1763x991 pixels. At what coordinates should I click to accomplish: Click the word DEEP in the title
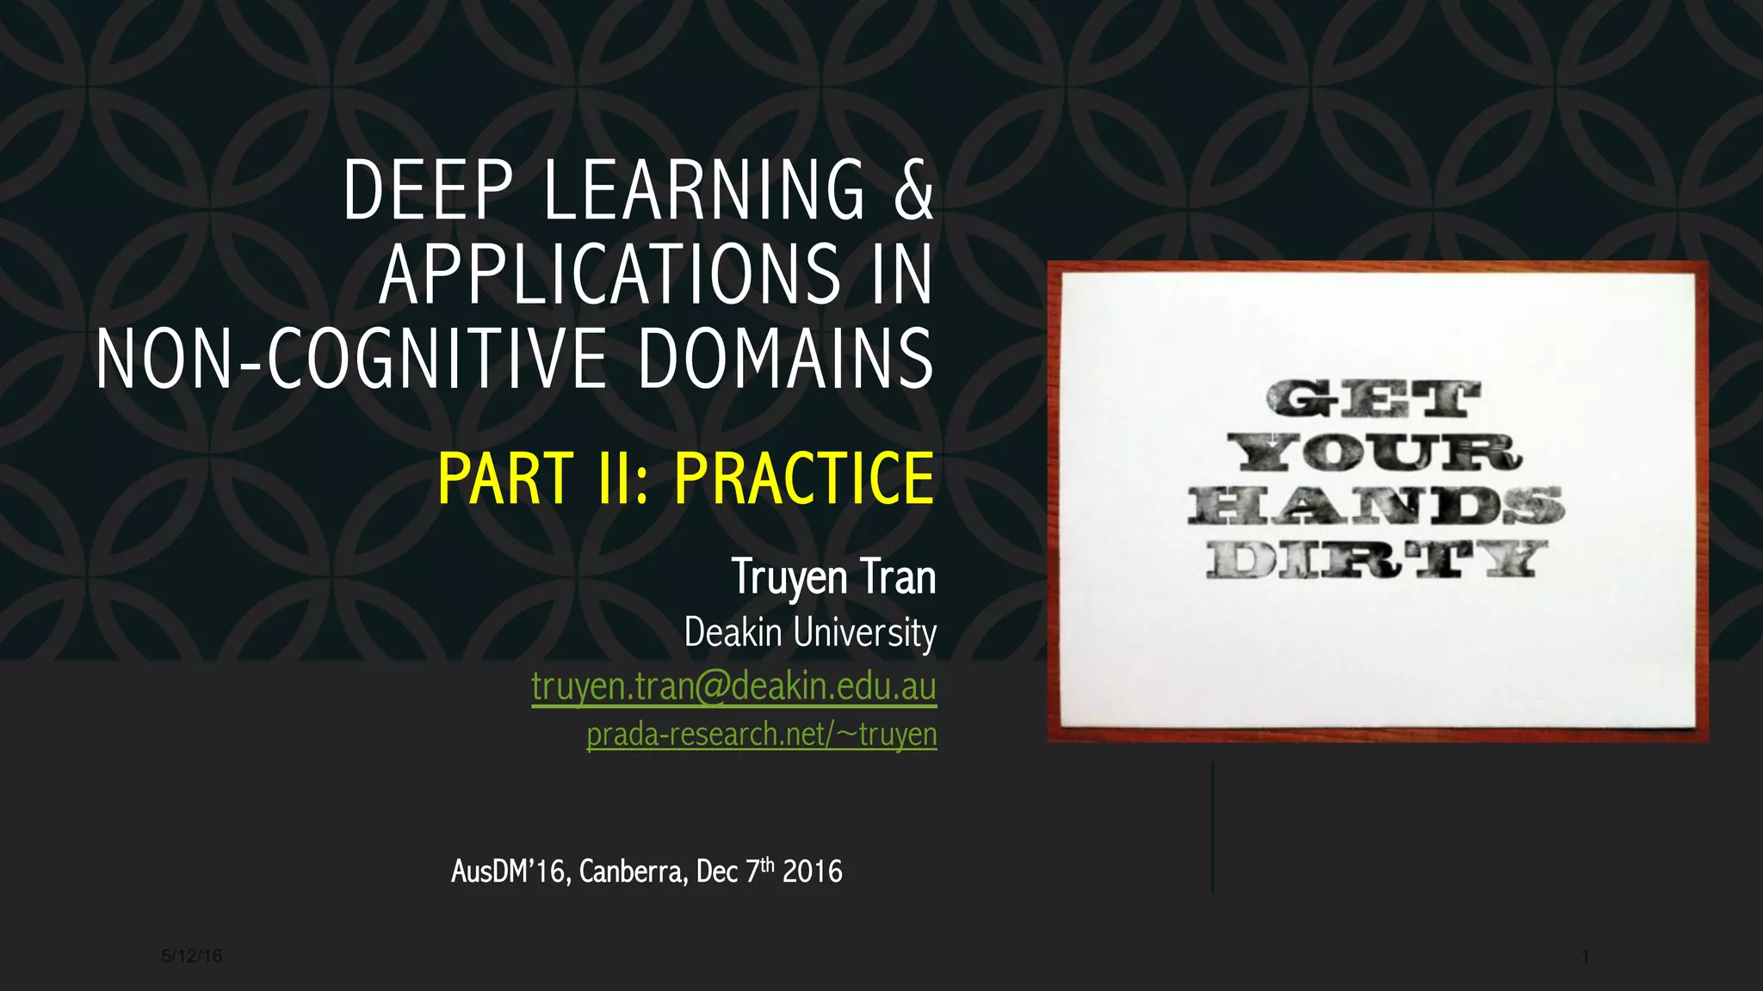[428, 190]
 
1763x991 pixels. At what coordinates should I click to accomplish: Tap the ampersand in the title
[913, 190]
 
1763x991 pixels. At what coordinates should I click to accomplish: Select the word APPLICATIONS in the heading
[609, 274]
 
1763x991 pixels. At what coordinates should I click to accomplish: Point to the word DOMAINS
[785, 359]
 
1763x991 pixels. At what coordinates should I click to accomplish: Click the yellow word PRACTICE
[804, 478]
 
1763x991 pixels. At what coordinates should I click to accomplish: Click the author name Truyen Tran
[833, 576]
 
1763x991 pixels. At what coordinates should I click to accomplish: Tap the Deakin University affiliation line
[810, 632]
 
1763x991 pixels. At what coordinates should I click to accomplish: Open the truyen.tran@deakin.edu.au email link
[733, 686]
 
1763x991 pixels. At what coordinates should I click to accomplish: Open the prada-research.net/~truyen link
[761, 735]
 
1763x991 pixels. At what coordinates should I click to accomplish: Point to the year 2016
[813, 872]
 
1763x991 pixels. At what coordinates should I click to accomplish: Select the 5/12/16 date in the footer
[191, 956]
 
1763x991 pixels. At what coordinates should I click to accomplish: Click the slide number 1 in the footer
[1585, 956]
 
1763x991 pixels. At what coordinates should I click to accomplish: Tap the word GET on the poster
[1373, 400]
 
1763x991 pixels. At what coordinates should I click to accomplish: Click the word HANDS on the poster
[1376, 505]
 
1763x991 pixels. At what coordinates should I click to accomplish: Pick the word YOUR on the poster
[1375, 452]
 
